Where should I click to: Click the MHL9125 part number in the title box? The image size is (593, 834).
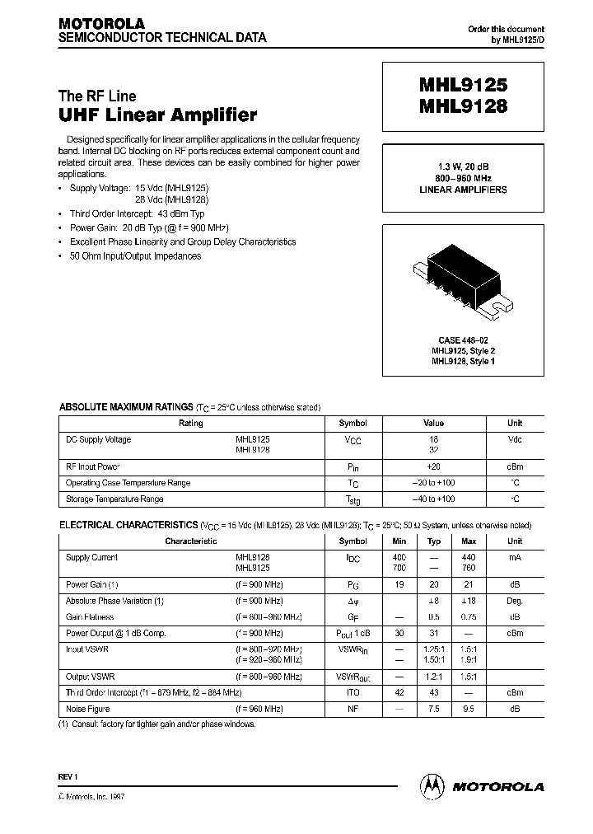(463, 85)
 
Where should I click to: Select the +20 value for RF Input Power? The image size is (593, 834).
(434, 466)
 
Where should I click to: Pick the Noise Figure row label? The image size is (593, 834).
(87, 709)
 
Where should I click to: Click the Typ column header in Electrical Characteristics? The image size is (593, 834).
(434, 541)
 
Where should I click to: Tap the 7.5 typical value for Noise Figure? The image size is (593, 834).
(434, 709)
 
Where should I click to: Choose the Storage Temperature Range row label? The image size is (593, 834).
(114, 499)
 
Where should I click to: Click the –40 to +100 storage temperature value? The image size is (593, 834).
(434, 499)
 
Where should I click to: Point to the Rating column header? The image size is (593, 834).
(190, 424)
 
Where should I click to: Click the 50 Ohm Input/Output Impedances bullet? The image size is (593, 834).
(135, 256)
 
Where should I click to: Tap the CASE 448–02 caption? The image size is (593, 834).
(463, 340)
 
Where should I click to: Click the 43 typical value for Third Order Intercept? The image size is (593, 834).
(434, 693)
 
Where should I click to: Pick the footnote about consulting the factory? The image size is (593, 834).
(156, 724)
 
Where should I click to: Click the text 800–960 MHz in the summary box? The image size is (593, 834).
(463, 177)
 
